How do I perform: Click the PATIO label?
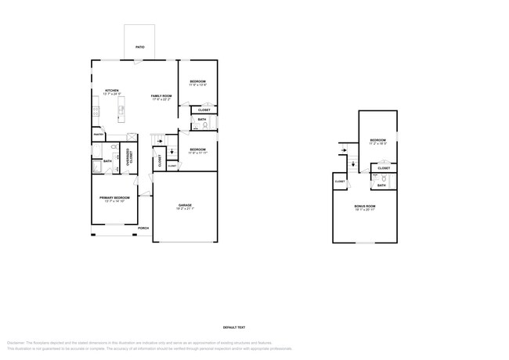pyautogui.click(x=139, y=47)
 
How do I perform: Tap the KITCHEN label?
pyautogui.click(x=112, y=90)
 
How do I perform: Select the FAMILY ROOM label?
pyautogui.click(x=161, y=95)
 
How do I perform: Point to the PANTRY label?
pyautogui.click(x=99, y=135)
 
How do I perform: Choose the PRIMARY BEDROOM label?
pyautogui.click(x=114, y=198)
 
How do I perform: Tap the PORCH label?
pyautogui.click(x=143, y=229)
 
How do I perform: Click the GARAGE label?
pyautogui.click(x=185, y=205)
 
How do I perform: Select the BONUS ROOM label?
pyautogui.click(x=365, y=206)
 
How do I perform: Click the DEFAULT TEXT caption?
pyautogui.click(x=234, y=327)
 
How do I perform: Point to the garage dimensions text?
pyautogui.click(x=185, y=209)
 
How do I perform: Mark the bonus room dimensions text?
pyautogui.click(x=365, y=210)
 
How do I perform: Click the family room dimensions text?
pyautogui.click(x=161, y=99)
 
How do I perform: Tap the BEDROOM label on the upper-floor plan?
pyautogui.click(x=378, y=140)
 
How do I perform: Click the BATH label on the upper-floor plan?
pyautogui.click(x=381, y=185)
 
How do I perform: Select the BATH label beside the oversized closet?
pyautogui.click(x=107, y=161)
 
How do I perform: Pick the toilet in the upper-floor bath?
pyautogui.click(x=384, y=178)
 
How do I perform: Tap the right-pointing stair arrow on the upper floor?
pyautogui.click(x=343, y=150)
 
